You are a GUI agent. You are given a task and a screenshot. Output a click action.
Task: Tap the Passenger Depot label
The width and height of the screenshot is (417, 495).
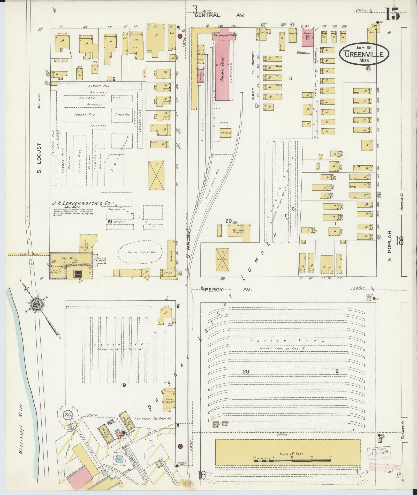(x=225, y=35)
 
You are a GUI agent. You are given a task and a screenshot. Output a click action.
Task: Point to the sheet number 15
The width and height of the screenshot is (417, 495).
(x=392, y=14)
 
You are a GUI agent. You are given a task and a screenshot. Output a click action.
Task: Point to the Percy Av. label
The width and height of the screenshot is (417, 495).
(x=228, y=290)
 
